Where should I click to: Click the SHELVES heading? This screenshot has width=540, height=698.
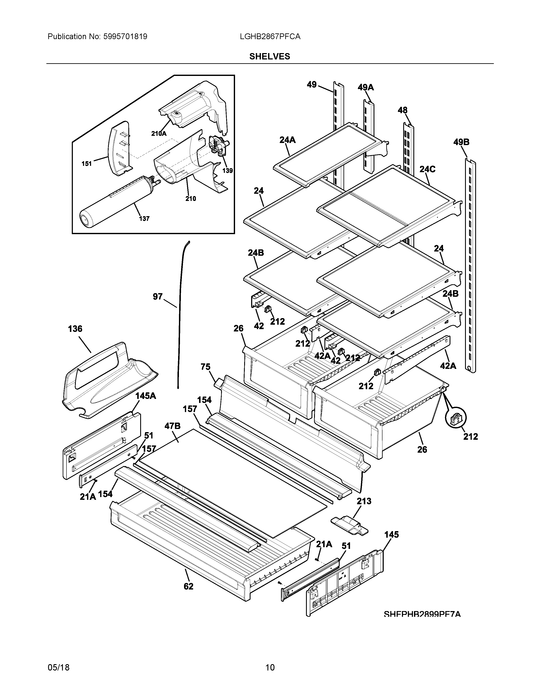click(x=270, y=56)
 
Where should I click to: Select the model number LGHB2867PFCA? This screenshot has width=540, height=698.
click(x=270, y=37)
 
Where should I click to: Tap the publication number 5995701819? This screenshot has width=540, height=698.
click(x=125, y=37)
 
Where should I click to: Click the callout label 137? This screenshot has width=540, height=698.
click(x=144, y=219)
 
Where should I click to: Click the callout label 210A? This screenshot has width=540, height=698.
click(x=159, y=134)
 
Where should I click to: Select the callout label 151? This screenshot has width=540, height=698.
click(x=87, y=164)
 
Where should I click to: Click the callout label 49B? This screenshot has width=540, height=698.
click(x=461, y=142)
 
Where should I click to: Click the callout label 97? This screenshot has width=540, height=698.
click(x=158, y=297)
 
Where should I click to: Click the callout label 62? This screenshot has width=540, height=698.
click(x=188, y=587)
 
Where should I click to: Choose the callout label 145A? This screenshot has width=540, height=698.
click(x=145, y=396)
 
